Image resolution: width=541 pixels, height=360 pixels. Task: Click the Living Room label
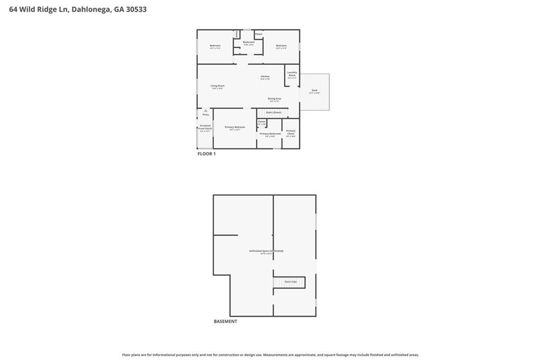click(218, 86)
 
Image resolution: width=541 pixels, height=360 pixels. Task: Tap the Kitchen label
click(265, 77)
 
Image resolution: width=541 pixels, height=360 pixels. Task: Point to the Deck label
click(314, 90)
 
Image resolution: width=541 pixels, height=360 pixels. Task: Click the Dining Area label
click(274, 98)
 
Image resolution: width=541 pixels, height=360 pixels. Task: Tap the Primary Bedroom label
click(235, 127)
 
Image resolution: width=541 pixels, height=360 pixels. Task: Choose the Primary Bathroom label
click(270, 134)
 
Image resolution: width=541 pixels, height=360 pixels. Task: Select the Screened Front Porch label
click(205, 127)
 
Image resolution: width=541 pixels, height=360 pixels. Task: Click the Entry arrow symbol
click(206, 110)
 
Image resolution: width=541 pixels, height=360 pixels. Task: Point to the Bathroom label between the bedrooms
click(248, 42)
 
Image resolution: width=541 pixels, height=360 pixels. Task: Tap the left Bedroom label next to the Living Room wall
click(215, 45)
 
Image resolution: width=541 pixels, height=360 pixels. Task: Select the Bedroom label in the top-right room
click(281, 45)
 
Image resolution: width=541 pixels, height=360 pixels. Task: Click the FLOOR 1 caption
click(207, 154)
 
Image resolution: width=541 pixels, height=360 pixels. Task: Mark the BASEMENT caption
click(225, 321)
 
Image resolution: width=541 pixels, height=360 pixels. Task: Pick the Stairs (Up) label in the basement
click(291, 282)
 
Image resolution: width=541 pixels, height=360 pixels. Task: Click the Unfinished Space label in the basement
click(266, 251)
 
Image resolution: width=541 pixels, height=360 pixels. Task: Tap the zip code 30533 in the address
click(134, 9)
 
